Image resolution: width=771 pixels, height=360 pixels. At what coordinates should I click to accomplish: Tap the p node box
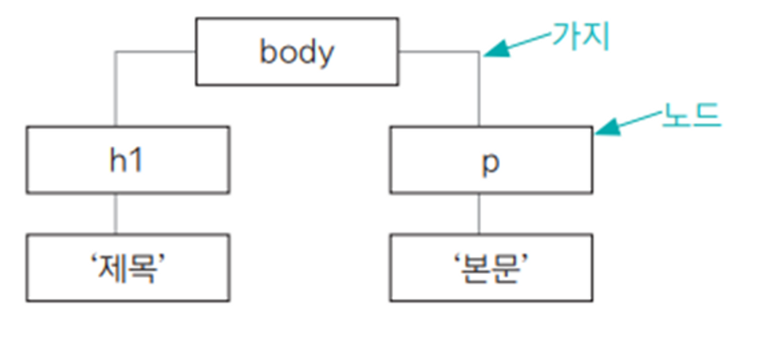point(492,159)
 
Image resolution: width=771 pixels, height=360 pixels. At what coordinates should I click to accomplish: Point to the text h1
point(128,159)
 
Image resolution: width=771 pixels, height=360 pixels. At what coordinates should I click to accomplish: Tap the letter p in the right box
point(491,161)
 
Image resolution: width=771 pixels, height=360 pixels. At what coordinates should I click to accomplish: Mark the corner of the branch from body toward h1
point(117,53)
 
